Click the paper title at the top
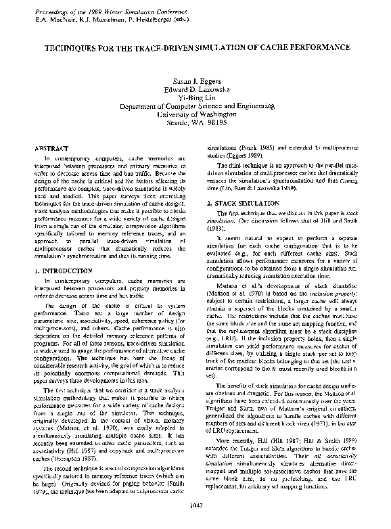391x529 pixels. [197, 49]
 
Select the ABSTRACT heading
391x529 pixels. [51, 147]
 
